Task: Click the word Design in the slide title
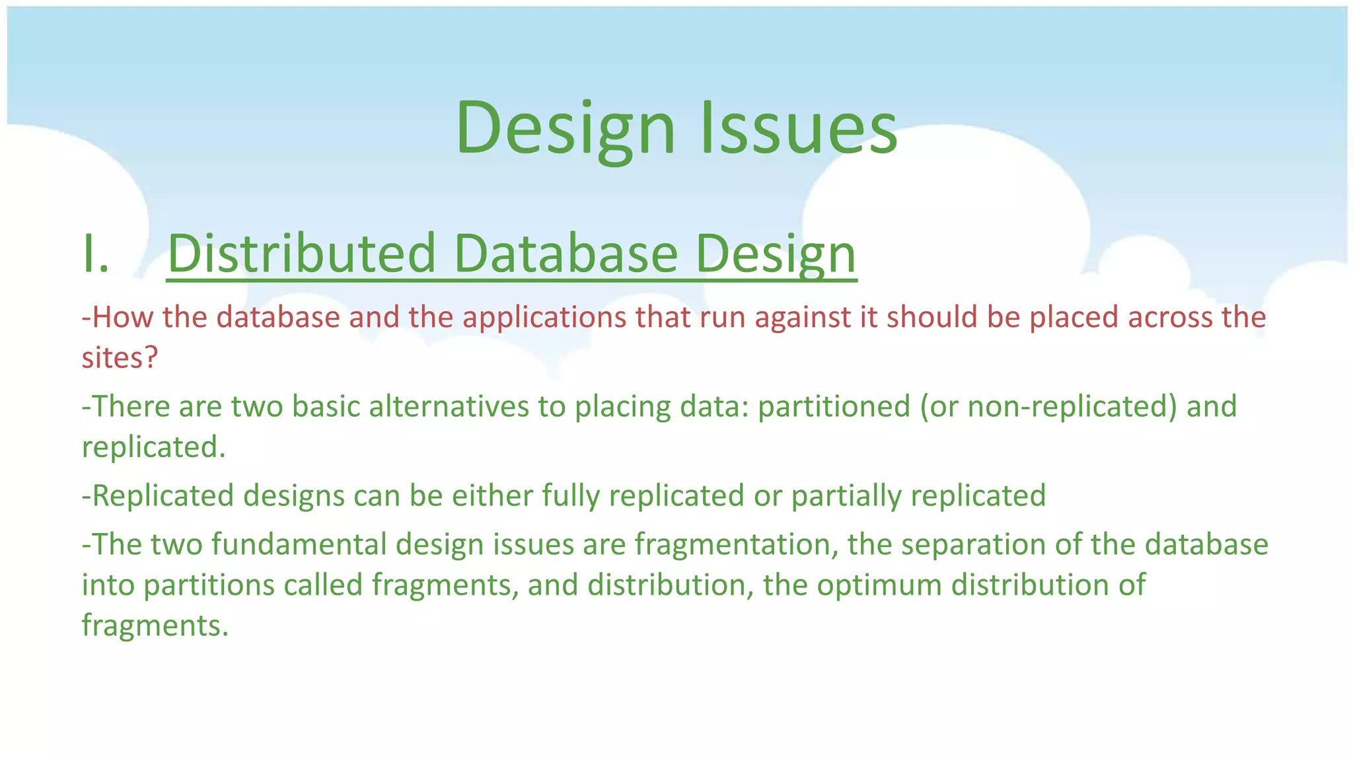[x=566, y=129]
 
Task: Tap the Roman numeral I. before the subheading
[x=96, y=255]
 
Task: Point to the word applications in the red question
[x=544, y=318]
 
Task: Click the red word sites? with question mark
[x=120, y=358]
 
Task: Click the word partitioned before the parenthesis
[x=834, y=407]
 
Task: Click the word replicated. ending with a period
[x=153, y=447]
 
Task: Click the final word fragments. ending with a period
[x=155, y=626]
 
